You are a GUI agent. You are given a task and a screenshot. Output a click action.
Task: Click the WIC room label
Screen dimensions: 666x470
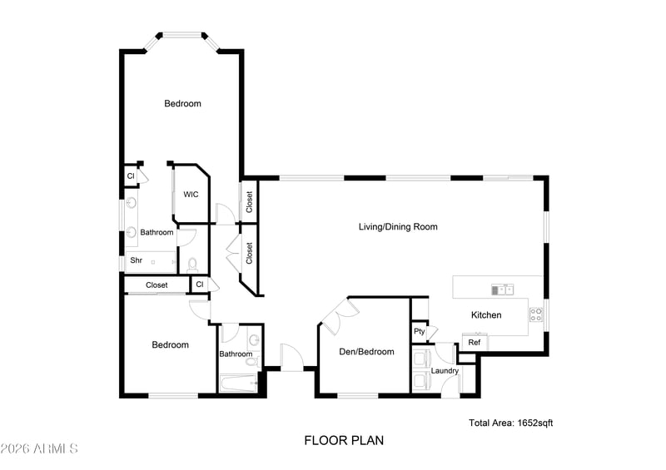click(191, 195)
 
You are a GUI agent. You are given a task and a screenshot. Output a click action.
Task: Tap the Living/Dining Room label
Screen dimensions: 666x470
click(398, 227)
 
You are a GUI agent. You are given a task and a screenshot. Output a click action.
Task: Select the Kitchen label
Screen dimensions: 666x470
click(486, 315)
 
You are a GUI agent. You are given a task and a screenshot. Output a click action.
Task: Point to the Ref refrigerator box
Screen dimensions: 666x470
click(475, 342)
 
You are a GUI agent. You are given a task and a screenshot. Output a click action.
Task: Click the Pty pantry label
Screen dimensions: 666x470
click(420, 332)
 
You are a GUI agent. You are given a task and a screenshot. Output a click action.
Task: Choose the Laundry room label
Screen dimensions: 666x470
click(445, 371)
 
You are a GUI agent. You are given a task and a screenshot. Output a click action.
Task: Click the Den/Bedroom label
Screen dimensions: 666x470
click(366, 352)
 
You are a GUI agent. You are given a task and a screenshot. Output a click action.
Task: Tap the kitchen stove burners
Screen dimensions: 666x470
click(536, 314)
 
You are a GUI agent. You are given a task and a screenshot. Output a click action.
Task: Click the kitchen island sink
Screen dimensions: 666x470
click(503, 290)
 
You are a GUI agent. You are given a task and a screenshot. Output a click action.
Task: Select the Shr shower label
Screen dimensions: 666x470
click(137, 260)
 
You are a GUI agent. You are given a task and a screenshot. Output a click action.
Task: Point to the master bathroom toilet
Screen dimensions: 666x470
click(193, 265)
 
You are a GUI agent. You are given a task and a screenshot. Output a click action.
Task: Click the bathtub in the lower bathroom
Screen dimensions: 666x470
click(240, 383)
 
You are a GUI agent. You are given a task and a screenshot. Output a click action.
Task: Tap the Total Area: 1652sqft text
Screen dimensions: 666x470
click(511, 423)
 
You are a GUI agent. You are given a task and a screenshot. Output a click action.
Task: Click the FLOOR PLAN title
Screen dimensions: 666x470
click(344, 441)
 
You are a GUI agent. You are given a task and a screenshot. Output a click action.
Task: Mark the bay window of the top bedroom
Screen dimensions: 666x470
click(182, 39)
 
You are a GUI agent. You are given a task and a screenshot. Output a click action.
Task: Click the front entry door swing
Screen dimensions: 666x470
click(292, 357)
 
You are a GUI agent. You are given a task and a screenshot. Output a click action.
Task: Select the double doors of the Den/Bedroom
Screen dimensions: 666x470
click(335, 312)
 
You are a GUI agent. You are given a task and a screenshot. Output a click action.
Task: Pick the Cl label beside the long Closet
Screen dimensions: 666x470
click(200, 284)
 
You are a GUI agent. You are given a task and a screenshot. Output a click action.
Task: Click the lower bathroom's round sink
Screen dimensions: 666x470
click(255, 339)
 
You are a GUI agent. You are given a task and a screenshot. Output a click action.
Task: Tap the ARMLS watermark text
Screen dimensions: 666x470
click(39, 448)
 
